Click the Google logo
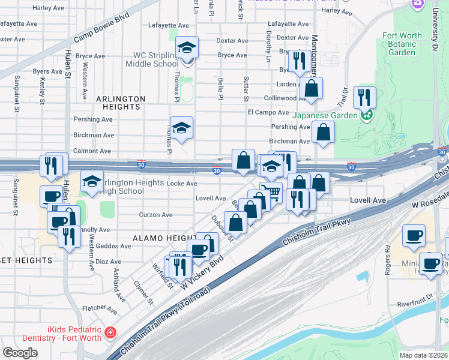coord(20,353)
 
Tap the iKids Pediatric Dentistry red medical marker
coord(110,332)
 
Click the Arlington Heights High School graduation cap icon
coord(92,182)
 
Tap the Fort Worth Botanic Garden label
coord(402,44)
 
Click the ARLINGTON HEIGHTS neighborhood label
coord(121,103)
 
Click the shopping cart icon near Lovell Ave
coord(272,192)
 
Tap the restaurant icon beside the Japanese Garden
coord(364,96)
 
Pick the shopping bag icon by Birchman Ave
coord(323,133)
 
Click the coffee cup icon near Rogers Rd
coord(413,236)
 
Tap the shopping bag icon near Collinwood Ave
coord(312,88)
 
